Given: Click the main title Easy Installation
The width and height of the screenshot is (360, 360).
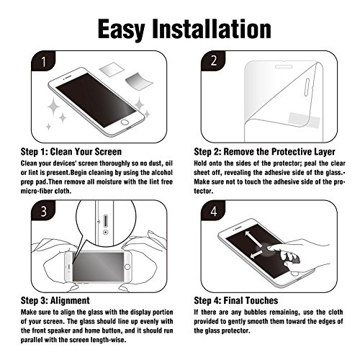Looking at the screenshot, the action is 184,30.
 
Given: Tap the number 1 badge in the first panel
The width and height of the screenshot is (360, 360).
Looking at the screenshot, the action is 43,61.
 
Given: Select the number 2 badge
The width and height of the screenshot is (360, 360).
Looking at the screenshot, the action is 213,61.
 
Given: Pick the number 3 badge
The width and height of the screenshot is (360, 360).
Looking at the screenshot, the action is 43,210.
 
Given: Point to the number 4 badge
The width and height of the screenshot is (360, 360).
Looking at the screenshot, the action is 213,210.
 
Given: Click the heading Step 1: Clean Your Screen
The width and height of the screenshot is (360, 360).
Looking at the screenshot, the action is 71,152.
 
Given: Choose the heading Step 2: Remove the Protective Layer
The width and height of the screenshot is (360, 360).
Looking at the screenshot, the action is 264,152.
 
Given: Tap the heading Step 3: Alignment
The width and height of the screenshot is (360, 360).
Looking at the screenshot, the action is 55,300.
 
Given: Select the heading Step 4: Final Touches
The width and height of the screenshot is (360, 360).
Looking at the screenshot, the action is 236,300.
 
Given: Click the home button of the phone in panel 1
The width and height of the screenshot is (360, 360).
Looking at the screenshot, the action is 125,122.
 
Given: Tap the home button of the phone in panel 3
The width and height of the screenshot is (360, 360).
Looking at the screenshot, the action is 127,267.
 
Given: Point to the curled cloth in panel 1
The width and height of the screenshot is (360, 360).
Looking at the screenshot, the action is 139,81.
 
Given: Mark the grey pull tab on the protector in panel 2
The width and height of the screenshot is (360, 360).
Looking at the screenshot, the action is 304,120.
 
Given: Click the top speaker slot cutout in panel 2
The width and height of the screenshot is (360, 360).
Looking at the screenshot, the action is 284,66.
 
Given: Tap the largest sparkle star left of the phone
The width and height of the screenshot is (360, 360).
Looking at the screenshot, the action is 53,107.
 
